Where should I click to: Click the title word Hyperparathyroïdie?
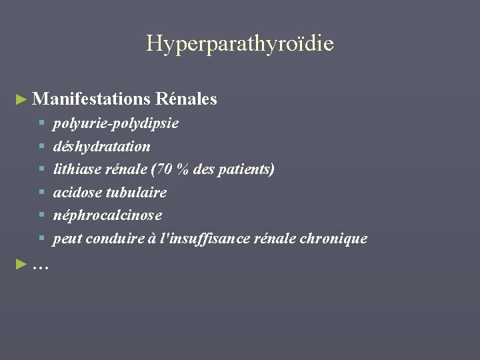(x=240, y=44)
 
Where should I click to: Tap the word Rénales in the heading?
(x=186, y=99)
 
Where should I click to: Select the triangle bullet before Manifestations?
(x=21, y=100)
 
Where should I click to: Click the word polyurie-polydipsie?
(x=115, y=123)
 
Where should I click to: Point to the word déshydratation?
(x=101, y=146)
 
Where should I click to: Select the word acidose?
(x=77, y=193)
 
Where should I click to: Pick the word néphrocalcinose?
(x=107, y=215)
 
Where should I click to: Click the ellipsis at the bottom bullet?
(x=40, y=265)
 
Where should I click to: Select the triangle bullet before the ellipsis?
(x=21, y=265)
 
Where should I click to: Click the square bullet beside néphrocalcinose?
(x=41, y=215)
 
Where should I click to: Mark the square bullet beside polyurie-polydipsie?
(x=41, y=123)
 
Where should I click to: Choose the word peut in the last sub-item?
(x=65, y=239)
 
